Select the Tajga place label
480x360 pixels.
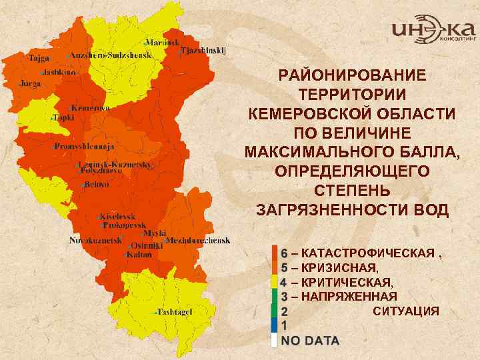point(39,58)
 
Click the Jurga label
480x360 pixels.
point(30,84)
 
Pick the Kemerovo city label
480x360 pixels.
point(91,107)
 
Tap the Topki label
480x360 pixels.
point(63,117)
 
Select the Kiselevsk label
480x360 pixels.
point(119,217)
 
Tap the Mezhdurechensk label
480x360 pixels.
point(198,240)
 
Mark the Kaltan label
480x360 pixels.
point(138,254)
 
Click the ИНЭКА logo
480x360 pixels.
point(433,30)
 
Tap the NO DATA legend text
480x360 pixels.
point(309,341)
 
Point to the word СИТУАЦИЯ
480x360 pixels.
point(405,311)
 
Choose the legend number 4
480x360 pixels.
point(283,282)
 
